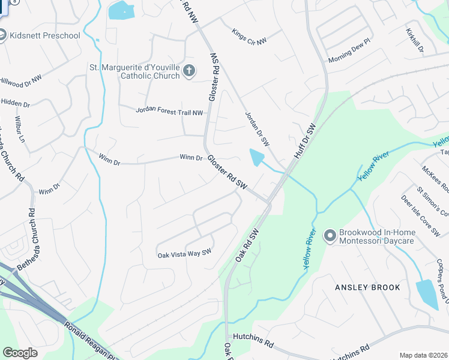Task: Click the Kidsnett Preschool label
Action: pyautogui.click(x=45, y=35)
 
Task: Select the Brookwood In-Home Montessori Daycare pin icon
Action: pyautogui.click(x=329, y=236)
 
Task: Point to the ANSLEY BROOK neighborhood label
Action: pyautogui.click(x=367, y=287)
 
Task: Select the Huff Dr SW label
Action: pyautogui.click(x=305, y=141)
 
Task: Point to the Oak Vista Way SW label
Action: pyautogui.click(x=185, y=254)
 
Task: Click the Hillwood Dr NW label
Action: pyautogui.click(x=20, y=80)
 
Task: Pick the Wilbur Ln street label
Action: pyautogui.click(x=20, y=129)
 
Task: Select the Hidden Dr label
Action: pyautogui.click(x=11, y=103)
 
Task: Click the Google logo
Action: pyautogui.click(x=20, y=353)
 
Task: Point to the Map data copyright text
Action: pyautogui.click(x=424, y=355)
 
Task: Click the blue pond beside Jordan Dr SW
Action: pyautogui.click(x=256, y=157)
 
